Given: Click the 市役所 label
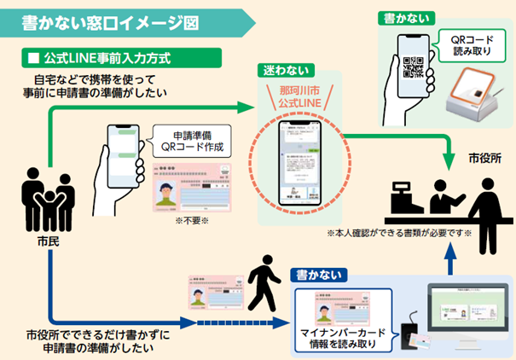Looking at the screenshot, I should [x=484, y=160].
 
